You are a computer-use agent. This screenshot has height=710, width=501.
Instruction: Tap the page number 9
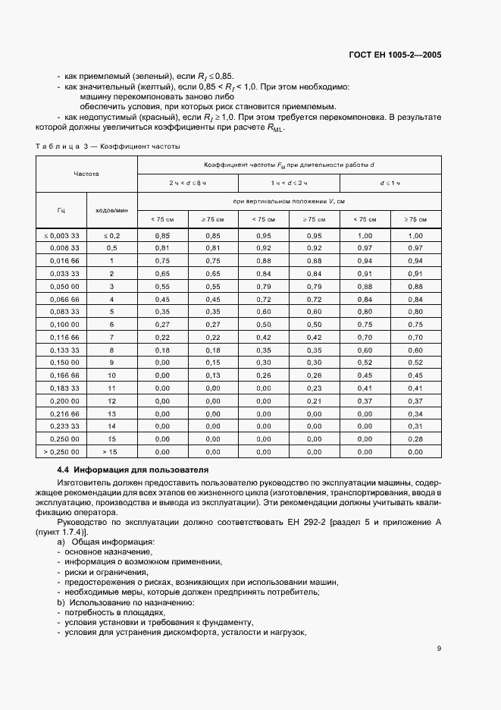tap(439, 648)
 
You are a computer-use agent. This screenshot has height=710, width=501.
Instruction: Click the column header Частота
tap(86, 174)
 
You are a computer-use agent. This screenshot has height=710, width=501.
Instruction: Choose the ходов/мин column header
tap(111, 210)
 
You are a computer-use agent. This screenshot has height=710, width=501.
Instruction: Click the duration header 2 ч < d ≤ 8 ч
tap(187, 184)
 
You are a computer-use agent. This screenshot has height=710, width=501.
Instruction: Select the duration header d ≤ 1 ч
tap(390, 184)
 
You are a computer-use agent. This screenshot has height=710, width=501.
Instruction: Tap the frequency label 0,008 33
tap(64, 248)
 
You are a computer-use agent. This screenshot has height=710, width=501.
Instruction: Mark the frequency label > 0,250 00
tap(63, 452)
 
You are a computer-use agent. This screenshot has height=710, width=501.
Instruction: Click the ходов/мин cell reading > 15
tap(111, 452)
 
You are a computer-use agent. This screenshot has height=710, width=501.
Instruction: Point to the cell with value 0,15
tap(213, 363)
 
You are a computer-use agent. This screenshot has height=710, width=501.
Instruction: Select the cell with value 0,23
tap(315, 388)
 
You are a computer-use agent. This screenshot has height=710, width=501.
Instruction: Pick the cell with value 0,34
tap(415, 413)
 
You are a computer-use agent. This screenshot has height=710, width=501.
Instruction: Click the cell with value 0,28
tap(415, 439)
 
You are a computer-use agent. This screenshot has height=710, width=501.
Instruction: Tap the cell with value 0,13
tap(213, 375)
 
